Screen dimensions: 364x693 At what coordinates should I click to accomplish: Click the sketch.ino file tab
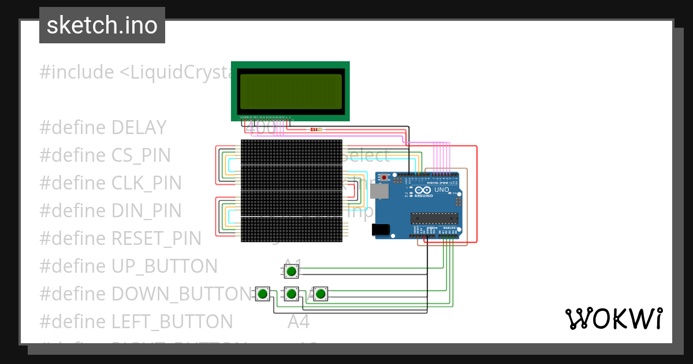point(102,25)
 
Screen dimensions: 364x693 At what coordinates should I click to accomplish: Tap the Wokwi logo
point(613,318)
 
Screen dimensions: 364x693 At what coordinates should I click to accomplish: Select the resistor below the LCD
point(315,129)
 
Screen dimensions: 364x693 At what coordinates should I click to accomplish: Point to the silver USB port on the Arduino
point(379,191)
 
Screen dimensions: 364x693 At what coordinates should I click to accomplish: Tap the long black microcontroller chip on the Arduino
point(434,218)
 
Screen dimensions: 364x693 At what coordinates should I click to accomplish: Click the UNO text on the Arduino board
point(441,190)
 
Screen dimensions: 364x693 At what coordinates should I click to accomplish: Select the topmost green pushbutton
point(292,271)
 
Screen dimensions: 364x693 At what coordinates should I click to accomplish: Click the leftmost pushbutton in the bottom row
point(263,294)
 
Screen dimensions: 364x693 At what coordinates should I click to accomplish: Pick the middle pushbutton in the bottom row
point(292,294)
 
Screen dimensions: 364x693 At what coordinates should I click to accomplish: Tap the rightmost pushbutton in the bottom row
point(321,294)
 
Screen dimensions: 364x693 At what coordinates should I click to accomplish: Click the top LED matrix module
point(291,152)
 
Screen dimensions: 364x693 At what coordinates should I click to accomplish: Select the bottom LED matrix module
point(291,229)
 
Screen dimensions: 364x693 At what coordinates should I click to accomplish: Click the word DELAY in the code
point(139,128)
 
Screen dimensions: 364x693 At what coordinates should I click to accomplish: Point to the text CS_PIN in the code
point(141,155)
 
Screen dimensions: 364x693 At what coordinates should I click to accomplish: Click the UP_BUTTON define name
point(164,266)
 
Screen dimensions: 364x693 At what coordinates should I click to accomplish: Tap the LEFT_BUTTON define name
point(172,321)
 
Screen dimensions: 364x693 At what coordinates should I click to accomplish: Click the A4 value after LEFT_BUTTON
point(299,321)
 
